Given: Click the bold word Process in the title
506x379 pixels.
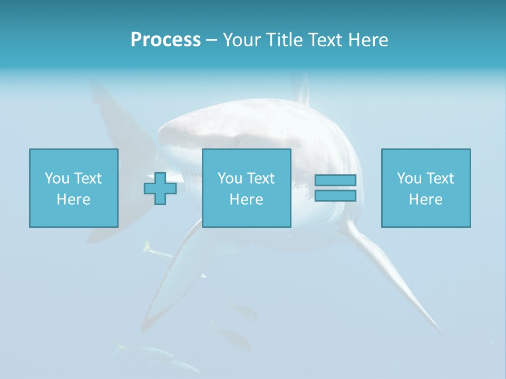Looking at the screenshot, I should coord(166,40).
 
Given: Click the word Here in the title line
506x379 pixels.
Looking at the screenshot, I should coord(368,40).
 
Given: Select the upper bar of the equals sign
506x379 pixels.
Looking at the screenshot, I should coord(335,180).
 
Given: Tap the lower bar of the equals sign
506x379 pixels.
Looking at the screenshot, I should coord(335,196).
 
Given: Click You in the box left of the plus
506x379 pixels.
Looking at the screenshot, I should coord(57,178).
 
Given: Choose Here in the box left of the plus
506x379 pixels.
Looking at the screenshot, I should coord(73,200).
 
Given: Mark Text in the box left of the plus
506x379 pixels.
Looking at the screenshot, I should coord(87,178).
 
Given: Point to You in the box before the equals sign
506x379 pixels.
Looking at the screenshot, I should coord(230,178).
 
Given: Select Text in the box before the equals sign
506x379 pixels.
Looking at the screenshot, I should coord(260,178).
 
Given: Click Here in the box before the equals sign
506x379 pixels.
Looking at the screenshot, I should coord(246,200).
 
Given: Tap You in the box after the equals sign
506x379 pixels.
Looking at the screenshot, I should coord(409,178).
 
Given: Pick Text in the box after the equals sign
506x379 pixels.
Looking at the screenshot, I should coord(440,178).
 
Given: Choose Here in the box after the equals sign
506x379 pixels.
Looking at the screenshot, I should coord(425,200).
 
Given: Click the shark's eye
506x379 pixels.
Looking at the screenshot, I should coord(238,140).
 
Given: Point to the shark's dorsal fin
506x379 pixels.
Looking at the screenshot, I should coord(302,89).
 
